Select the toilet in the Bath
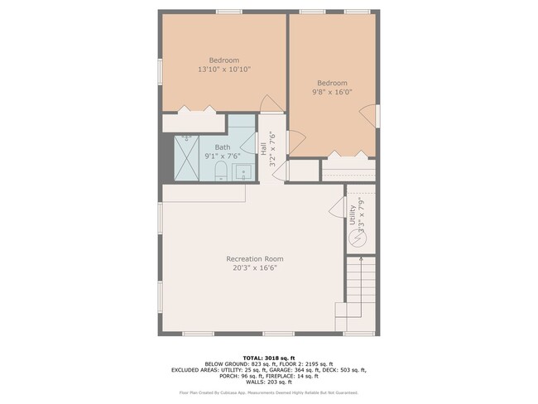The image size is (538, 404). pyautogui.click(x=221, y=171)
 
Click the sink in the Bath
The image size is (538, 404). pyautogui.click(x=243, y=173)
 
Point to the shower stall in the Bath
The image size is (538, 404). pyautogui.click(x=187, y=158)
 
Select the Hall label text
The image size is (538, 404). pyautogui.click(x=263, y=149)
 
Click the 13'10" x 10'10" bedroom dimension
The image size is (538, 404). pyautogui.click(x=223, y=70)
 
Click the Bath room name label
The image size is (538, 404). pyautogui.click(x=223, y=147)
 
